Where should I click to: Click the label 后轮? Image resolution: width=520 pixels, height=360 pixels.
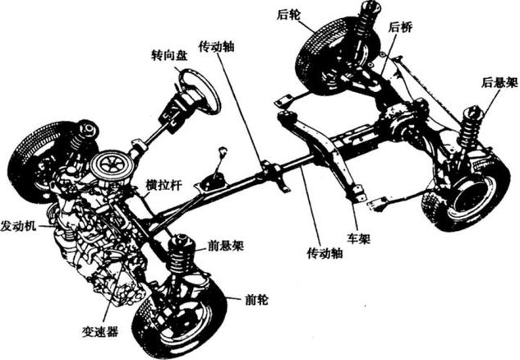tap(287, 14)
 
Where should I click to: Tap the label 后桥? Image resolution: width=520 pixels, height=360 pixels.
tap(399, 27)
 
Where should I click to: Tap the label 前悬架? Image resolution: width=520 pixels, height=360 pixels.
tap(225, 245)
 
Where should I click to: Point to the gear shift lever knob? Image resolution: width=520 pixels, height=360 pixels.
tap(221, 151)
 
